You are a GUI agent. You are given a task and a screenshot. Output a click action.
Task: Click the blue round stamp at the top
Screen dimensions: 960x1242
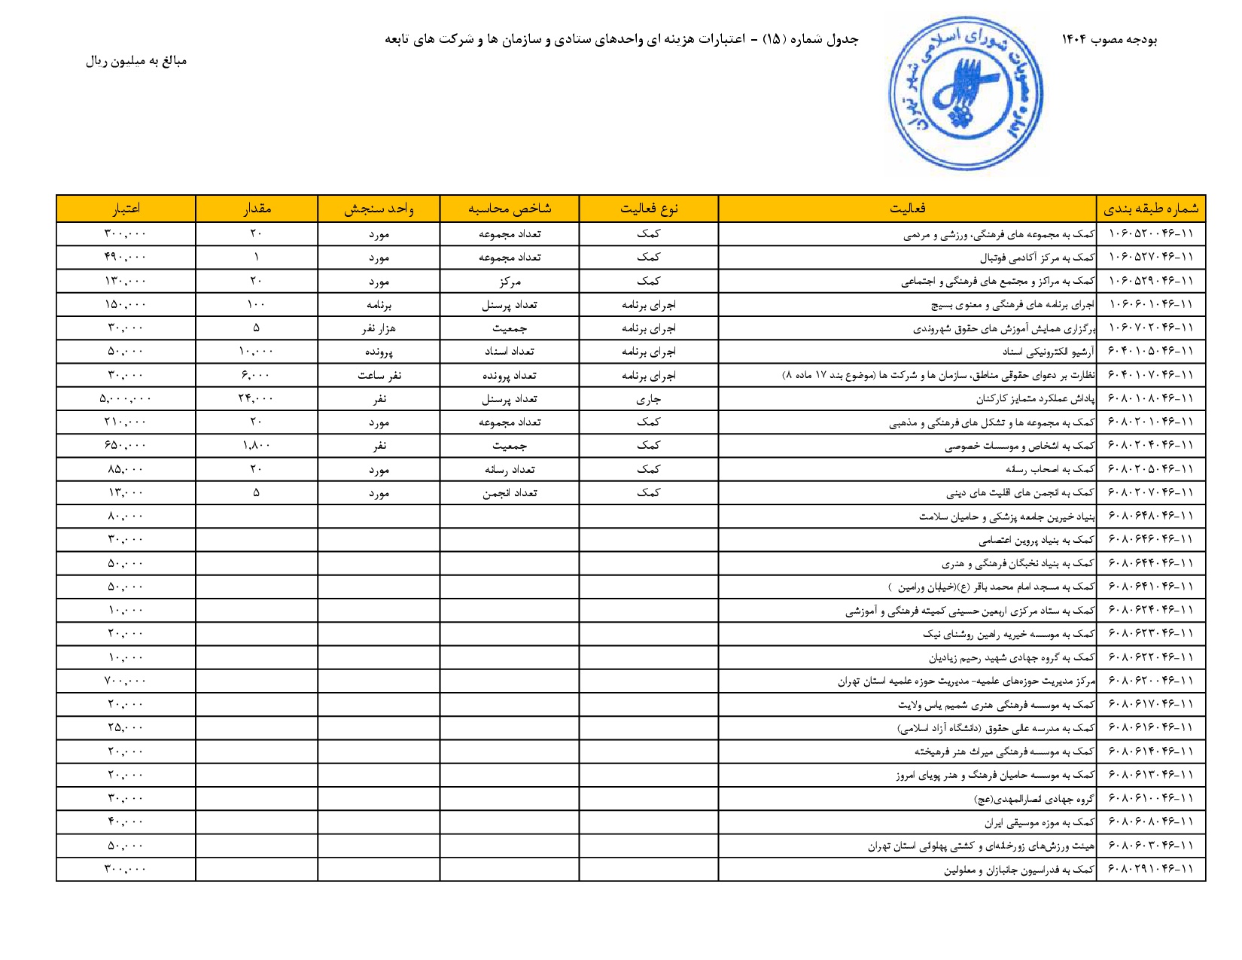coord(965,95)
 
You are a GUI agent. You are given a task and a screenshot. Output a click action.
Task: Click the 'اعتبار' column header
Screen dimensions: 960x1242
coord(126,209)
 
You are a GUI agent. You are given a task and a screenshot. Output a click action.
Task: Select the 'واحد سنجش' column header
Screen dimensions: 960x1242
coord(379,209)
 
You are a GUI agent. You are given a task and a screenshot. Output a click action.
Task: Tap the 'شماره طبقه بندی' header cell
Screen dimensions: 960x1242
coord(1151,209)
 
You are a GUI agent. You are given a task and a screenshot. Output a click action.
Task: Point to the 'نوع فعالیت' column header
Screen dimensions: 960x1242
coord(649,209)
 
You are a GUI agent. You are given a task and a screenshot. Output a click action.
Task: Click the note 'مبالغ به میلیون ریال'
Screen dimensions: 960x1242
coord(136,61)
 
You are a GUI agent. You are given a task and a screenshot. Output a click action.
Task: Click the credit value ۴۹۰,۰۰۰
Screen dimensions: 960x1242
coord(125,258)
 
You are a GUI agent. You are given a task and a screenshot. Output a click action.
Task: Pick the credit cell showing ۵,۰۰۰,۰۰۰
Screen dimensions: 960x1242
coord(125,399)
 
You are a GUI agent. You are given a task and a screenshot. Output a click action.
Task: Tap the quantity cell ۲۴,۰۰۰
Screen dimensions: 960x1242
coord(256,399)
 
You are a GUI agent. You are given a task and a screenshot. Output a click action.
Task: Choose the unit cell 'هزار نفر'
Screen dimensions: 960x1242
coord(379,328)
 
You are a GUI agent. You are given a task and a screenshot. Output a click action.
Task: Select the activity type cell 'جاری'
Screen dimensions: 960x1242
coord(649,399)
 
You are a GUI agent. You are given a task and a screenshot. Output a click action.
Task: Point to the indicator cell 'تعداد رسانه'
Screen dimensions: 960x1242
coord(510,470)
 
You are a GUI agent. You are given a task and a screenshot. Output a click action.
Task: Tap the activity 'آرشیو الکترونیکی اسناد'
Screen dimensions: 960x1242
coord(1048,352)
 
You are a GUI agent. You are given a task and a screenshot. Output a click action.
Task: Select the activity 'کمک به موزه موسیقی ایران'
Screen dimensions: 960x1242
coord(1040,822)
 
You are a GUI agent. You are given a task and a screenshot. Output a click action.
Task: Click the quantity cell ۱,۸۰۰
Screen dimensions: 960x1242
coord(256,446)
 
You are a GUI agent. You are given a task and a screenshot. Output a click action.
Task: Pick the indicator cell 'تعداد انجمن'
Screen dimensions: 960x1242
coord(510,493)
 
